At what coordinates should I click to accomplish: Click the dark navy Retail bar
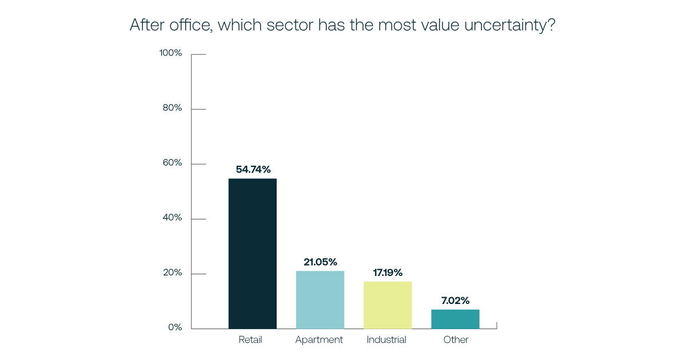pyautogui.click(x=252, y=254)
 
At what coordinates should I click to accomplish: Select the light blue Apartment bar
pyautogui.click(x=320, y=299)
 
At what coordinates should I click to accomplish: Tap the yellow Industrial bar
pyautogui.click(x=387, y=305)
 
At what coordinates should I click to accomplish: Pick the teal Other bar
pyautogui.click(x=455, y=319)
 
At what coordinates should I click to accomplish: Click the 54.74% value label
pyautogui.click(x=253, y=169)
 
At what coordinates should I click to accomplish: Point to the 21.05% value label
pyautogui.click(x=320, y=262)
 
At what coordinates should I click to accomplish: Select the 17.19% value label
pyautogui.click(x=387, y=273)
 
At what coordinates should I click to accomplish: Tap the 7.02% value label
pyautogui.click(x=455, y=300)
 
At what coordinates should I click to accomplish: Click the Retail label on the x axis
pyautogui.click(x=250, y=339)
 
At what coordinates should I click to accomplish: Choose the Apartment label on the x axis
pyautogui.click(x=319, y=340)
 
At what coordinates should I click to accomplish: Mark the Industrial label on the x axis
pyautogui.click(x=386, y=339)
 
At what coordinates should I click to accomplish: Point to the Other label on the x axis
pyautogui.click(x=456, y=339)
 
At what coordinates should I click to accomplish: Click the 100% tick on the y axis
pyautogui.click(x=170, y=53)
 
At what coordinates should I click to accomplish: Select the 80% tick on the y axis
pyautogui.click(x=171, y=108)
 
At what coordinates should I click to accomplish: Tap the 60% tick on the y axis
pyautogui.click(x=171, y=163)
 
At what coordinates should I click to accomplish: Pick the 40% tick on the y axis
pyautogui.click(x=171, y=218)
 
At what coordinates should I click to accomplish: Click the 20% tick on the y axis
pyautogui.click(x=171, y=273)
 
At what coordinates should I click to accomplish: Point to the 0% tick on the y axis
pyautogui.click(x=174, y=327)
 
